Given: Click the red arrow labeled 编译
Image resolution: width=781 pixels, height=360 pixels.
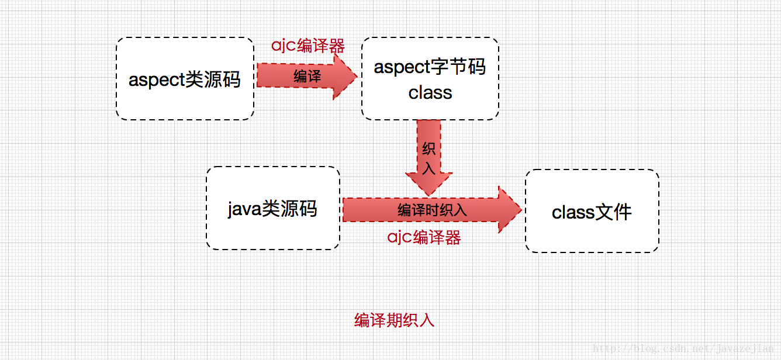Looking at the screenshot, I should click(306, 77).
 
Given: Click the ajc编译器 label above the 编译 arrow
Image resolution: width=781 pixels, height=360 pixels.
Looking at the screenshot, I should click(308, 46).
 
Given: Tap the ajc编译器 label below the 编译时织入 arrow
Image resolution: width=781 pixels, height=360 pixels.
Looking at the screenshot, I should click(424, 237).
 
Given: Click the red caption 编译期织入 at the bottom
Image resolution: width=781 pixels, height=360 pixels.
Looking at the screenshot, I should click(394, 320).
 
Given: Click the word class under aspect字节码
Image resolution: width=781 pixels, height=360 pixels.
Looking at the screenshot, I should click(430, 92).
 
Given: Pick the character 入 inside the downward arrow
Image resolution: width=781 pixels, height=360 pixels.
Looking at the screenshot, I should click(429, 168).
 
